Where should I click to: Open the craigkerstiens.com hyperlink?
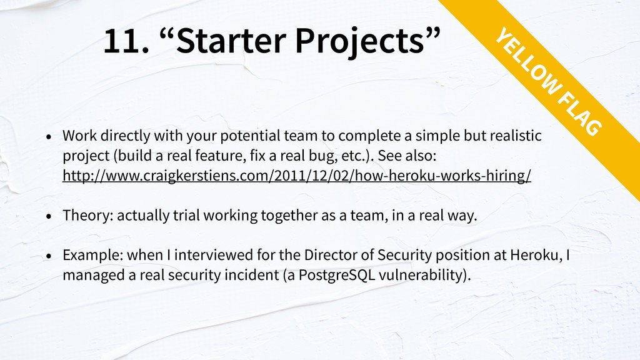pyautogui.click(x=297, y=176)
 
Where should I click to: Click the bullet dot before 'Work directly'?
pyautogui.click(x=49, y=137)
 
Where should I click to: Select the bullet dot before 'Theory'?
pyautogui.click(x=49, y=216)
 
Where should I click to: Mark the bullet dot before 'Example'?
pyautogui.click(x=49, y=256)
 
